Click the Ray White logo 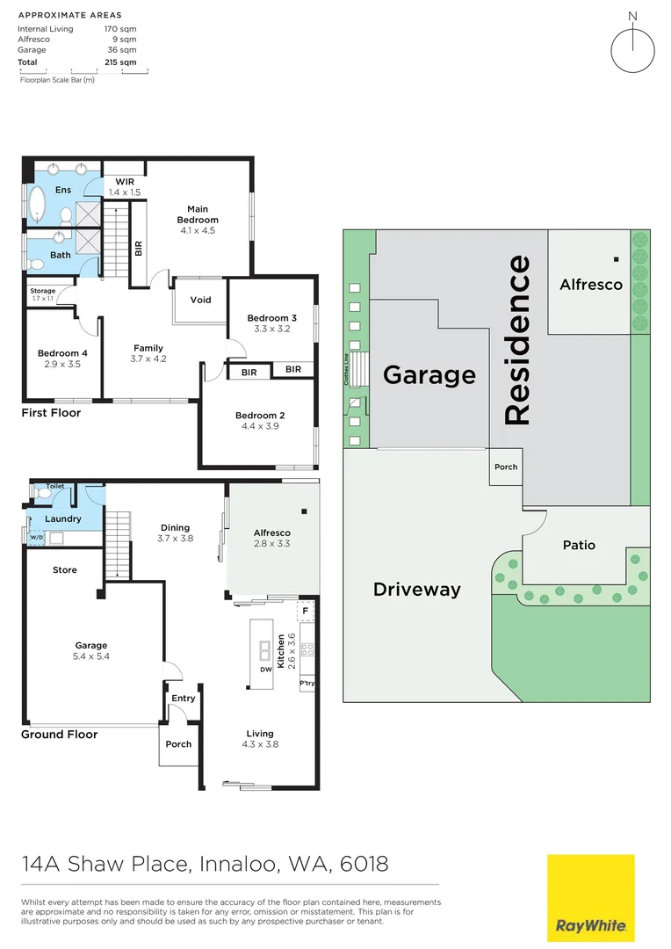[x=590, y=897]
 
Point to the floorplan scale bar [x=84, y=71]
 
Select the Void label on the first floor [x=201, y=300]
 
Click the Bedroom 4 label [x=62, y=353]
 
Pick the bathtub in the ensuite [x=38, y=205]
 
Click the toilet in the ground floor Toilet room [x=42, y=493]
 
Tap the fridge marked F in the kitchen [x=305, y=612]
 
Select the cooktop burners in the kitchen [x=307, y=650]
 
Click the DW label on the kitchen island [x=266, y=670]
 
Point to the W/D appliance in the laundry [x=37, y=538]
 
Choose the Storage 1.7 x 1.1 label [x=43, y=294]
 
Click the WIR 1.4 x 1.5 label [x=125, y=187]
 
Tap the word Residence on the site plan [x=517, y=339]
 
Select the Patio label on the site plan [x=579, y=545]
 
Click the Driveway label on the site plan [x=417, y=590]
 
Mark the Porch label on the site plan [x=506, y=467]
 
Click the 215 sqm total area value [x=120, y=62]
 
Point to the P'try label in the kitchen [x=307, y=684]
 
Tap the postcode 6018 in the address [x=364, y=864]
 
